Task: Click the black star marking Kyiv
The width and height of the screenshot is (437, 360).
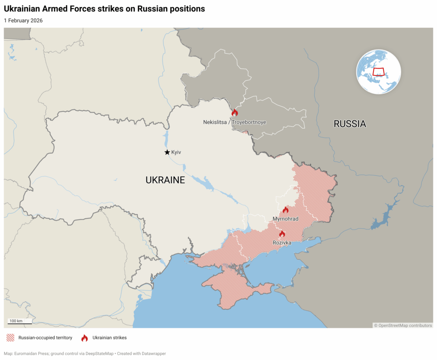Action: [x=167, y=152]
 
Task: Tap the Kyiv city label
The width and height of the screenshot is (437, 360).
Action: [x=176, y=152]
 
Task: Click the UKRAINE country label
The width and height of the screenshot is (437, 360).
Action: [x=165, y=180]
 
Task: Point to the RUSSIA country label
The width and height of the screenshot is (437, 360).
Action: [x=350, y=124]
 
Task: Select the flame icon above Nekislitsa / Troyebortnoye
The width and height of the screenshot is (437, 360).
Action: [x=234, y=113]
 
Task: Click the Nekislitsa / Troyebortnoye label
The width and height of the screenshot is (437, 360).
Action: [x=234, y=122]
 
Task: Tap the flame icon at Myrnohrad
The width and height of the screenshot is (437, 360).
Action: [x=286, y=210]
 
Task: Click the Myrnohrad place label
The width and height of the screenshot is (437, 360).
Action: [x=286, y=219]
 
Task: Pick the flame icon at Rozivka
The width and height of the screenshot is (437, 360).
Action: [x=282, y=234]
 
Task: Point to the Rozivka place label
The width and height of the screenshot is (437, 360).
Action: [x=282, y=243]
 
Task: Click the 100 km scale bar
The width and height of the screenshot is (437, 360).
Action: [x=20, y=322]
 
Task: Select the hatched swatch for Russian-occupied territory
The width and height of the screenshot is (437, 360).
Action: [x=10, y=338]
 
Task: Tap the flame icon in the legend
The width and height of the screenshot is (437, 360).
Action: [x=84, y=338]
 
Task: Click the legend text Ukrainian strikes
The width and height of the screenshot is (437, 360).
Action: [x=109, y=338]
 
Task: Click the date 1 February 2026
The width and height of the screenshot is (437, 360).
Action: [x=23, y=20]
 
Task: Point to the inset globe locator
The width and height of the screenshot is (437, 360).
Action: [x=379, y=72]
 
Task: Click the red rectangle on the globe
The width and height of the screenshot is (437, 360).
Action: [x=378, y=71]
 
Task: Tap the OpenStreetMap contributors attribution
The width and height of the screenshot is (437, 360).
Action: [x=403, y=325]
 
